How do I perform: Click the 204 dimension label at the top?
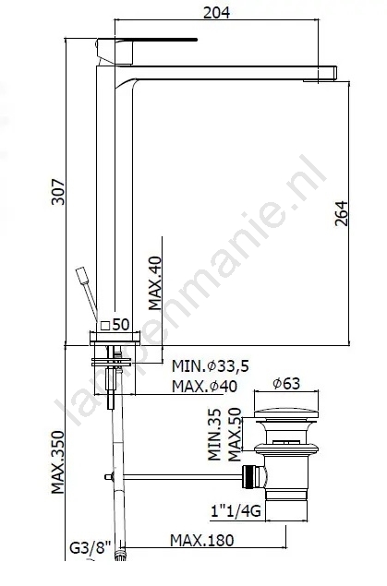(x=216, y=12)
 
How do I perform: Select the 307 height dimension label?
(x=58, y=192)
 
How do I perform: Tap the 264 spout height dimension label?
(x=342, y=213)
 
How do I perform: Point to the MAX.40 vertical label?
(x=155, y=283)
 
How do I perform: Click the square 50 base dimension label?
(x=115, y=325)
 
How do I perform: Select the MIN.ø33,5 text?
(x=211, y=366)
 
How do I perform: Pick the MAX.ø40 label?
(x=204, y=386)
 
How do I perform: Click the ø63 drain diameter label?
(x=286, y=384)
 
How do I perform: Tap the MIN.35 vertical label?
(x=214, y=435)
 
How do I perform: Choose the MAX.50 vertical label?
(x=235, y=435)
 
